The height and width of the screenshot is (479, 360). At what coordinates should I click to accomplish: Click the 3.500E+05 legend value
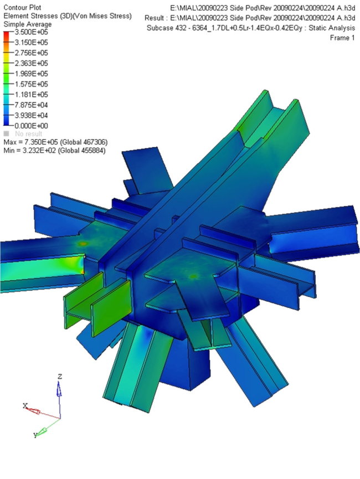[x=31, y=32]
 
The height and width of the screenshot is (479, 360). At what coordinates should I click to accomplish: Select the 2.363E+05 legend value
[x=31, y=63]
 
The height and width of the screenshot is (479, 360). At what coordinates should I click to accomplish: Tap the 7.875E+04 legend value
[x=31, y=105]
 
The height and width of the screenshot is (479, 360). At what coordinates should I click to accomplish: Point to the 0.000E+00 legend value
[x=31, y=126]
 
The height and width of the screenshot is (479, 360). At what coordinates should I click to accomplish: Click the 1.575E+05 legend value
[x=31, y=84]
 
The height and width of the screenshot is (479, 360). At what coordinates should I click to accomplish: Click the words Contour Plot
[x=22, y=7]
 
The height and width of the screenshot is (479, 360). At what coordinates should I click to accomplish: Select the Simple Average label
[x=28, y=24]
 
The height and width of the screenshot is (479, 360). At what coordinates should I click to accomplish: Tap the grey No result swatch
[x=6, y=133]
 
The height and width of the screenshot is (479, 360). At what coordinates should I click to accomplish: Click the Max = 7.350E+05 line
[x=55, y=142]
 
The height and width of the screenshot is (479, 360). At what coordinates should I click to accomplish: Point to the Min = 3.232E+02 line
[x=54, y=150]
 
